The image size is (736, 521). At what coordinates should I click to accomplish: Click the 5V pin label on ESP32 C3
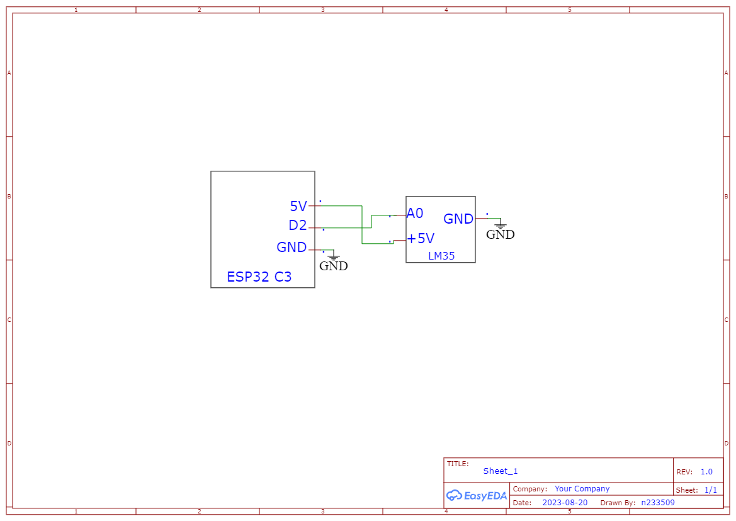pyautogui.click(x=298, y=206)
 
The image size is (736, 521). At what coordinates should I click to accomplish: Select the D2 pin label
pyautogui.click(x=297, y=226)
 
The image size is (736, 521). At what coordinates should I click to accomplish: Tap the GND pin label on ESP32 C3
pyautogui.click(x=292, y=248)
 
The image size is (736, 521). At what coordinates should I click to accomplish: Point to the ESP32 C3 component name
pyautogui.click(x=259, y=277)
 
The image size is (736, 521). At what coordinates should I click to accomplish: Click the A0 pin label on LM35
pyautogui.click(x=415, y=214)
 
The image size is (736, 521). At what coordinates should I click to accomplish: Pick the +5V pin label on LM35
pyautogui.click(x=421, y=239)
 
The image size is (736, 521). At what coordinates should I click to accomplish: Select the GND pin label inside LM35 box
pyautogui.click(x=458, y=219)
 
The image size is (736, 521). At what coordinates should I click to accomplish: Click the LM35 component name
pyautogui.click(x=441, y=256)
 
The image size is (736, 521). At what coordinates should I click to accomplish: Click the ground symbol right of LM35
pyautogui.click(x=501, y=226)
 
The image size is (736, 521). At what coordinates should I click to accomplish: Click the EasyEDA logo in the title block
pyautogui.click(x=477, y=496)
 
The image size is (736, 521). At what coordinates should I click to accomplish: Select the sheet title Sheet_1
pyautogui.click(x=501, y=471)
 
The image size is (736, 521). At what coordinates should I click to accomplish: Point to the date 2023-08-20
pyautogui.click(x=565, y=503)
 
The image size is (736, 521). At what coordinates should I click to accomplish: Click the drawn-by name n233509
pyautogui.click(x=658, y=503)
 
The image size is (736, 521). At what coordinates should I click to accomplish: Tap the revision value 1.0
pyautogui.click(x=706, y=472)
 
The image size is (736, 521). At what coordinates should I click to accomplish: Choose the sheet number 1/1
pyautogui.click(x=710, y=490)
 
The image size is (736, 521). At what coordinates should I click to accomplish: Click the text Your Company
pyautogui.click(x=582, y=489)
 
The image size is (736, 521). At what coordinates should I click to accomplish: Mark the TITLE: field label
pyautogui.click(x=458, y=464)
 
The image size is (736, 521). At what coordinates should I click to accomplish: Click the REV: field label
pyautogui.click(x=684, y=472)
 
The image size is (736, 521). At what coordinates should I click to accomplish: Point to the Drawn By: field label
pyautogui.click(x=618, y=503)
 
